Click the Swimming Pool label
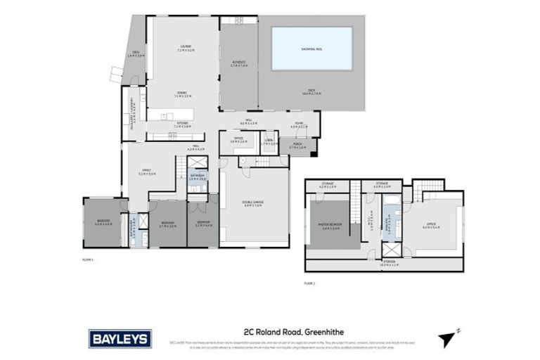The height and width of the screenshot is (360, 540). pos(311,49)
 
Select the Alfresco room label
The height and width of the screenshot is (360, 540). pos(238,64)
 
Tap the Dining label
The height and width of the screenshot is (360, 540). pos(181,94)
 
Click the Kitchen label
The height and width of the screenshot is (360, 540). pos(181,124)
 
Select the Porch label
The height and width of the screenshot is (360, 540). pos(297,146)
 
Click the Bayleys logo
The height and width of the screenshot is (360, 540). pos(120,339)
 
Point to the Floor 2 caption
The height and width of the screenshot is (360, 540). pos(309,283)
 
